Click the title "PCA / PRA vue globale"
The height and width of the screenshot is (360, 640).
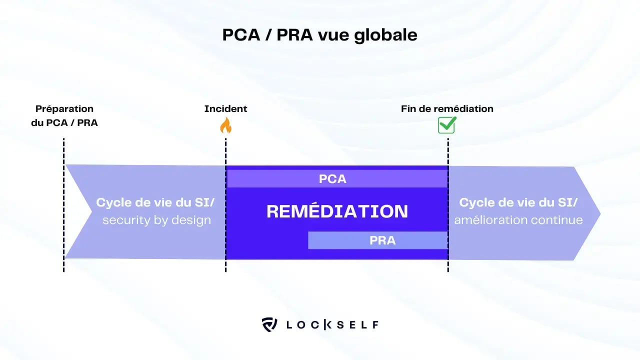[319, 35]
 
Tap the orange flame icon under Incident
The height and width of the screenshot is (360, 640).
[226, 125]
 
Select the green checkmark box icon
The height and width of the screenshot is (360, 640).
[446, 125]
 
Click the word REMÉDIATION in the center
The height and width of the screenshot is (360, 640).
[337, 211]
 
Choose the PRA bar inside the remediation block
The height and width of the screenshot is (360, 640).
[377, 240]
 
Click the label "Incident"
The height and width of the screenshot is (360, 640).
[225, 108]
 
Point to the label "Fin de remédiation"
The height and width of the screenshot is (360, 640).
[447, 108]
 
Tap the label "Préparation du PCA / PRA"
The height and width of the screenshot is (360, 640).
[64, 115]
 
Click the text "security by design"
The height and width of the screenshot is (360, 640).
[156, 220]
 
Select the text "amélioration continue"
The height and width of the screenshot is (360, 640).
[518, 220]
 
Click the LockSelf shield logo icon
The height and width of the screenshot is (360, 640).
[269, 324]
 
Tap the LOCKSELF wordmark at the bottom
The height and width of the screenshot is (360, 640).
[332, 324]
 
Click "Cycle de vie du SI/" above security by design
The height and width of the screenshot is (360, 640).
[158, 202]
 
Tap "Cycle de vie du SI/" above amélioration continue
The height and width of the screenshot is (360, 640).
[518, 202]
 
